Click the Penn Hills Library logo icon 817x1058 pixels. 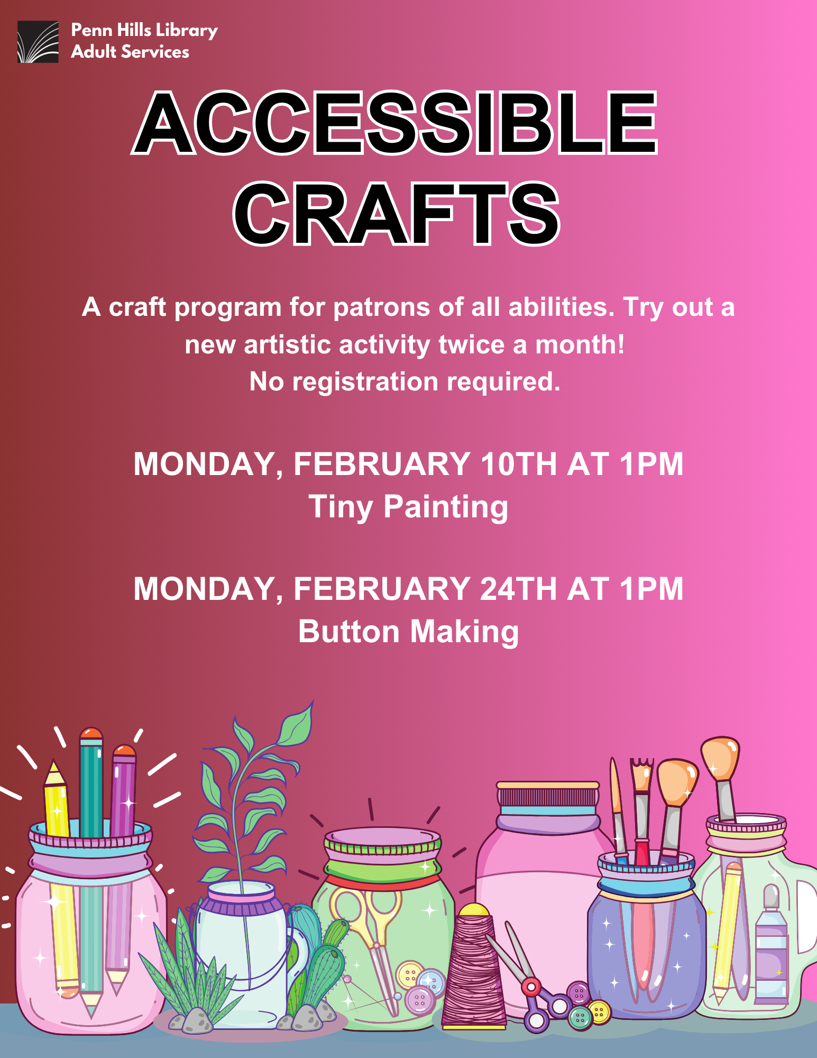38,42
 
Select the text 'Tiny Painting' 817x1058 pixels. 408,507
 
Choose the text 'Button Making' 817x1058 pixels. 408,632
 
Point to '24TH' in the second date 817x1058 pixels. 518,589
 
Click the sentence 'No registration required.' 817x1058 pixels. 405,381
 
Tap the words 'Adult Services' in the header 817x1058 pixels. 130,52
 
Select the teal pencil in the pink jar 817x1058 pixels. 91,868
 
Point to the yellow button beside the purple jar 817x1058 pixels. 599,1012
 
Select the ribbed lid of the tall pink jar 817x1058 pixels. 548,796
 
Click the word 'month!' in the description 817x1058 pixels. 580,344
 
